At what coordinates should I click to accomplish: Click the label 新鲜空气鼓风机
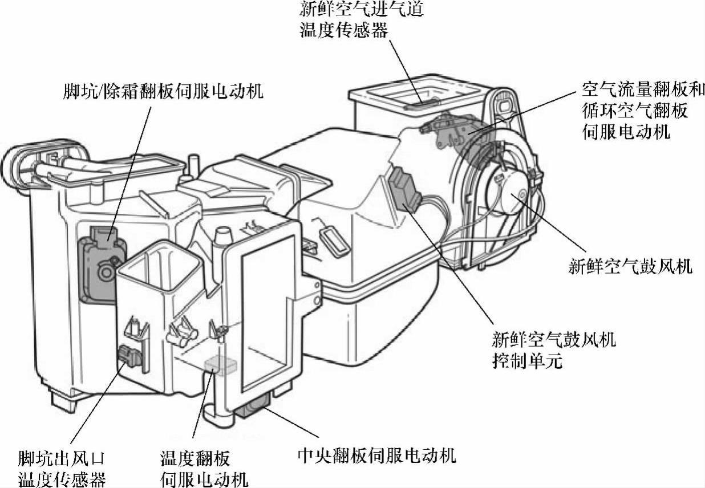[630, 266]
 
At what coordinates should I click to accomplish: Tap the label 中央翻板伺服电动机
[377, 456]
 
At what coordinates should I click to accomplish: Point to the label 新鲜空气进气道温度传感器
[362, 20]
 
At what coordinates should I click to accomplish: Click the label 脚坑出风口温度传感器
[62, 467]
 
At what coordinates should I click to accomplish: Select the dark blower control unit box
[404, 188]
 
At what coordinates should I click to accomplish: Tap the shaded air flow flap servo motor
[451, 129]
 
